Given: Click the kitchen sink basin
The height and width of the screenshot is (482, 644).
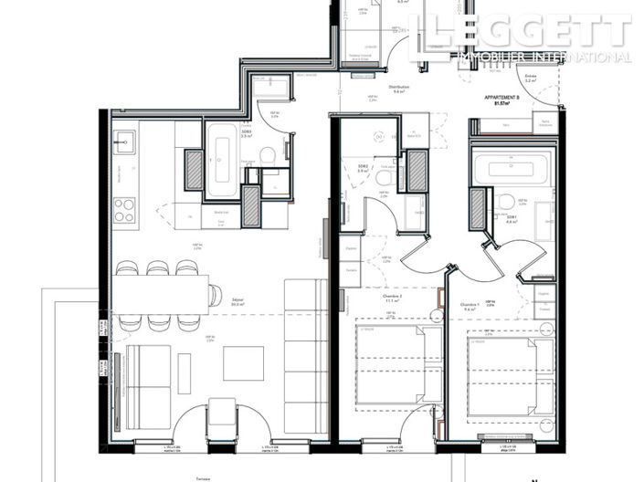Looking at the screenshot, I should [x=125, y=142].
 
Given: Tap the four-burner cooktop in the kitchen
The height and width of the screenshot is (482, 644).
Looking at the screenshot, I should [x=124, y=211].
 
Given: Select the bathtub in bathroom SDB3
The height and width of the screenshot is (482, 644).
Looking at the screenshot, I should [x=221, y=163].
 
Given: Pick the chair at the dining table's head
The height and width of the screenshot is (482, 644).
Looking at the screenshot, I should [x=215, y=295].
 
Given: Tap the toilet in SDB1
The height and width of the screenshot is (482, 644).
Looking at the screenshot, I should [x=506, y=203].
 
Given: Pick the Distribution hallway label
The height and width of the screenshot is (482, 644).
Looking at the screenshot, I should [x=398, y=88].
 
